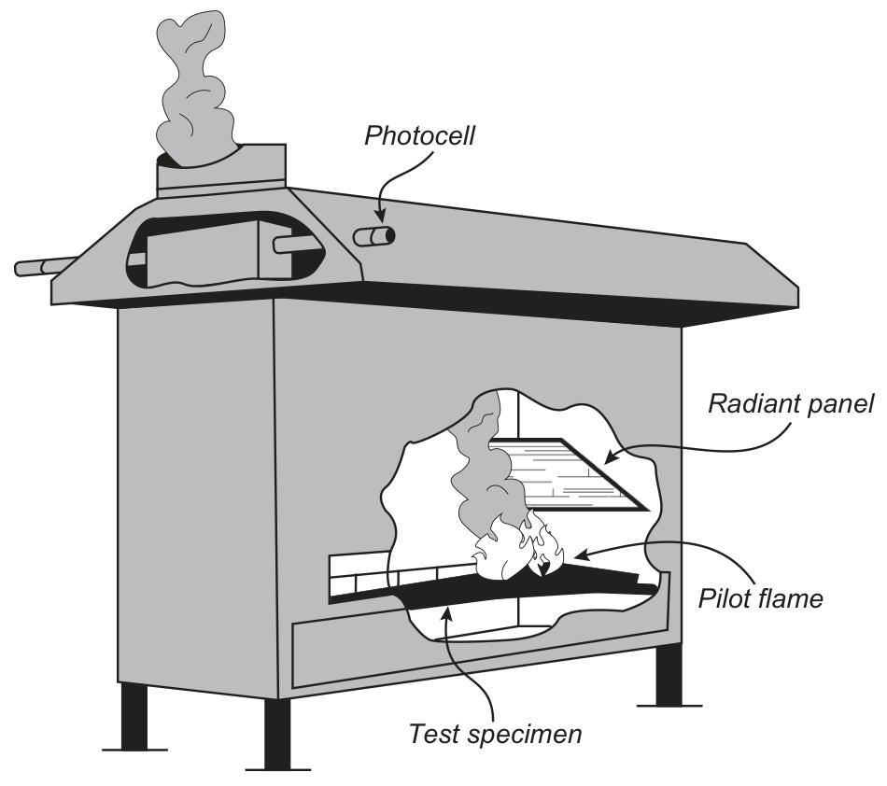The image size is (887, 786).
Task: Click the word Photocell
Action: coord(419,136)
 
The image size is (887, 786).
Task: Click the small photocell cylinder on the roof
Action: coord(373,236)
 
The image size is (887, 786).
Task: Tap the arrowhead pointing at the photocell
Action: coord(380,216)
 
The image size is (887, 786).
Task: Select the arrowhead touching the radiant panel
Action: coord(612,456)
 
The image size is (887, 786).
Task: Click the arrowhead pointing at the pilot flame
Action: coord(582,554)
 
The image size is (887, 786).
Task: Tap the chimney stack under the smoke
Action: coord(221,170)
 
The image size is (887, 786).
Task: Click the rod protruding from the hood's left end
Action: coord(45,266)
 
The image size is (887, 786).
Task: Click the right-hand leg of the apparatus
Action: coord(669,676)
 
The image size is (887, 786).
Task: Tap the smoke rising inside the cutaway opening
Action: coord(481,458)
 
